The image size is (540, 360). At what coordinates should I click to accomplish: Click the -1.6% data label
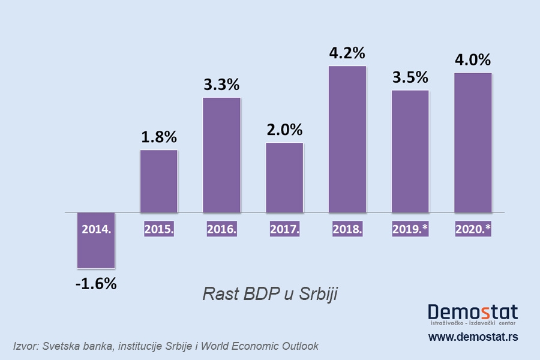96,284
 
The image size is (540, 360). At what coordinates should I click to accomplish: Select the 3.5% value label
410,77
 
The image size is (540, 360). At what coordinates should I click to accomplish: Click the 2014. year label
96,229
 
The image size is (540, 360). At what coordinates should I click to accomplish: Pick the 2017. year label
284,229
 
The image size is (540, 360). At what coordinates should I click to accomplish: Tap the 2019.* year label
410,229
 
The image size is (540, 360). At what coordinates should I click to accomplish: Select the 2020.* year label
473,229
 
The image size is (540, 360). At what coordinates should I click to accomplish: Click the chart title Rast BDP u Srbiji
271,295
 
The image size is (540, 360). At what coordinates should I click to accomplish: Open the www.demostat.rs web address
473,337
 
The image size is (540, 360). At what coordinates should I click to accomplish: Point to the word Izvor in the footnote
25,346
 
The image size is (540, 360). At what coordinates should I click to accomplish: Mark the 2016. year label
221,229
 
